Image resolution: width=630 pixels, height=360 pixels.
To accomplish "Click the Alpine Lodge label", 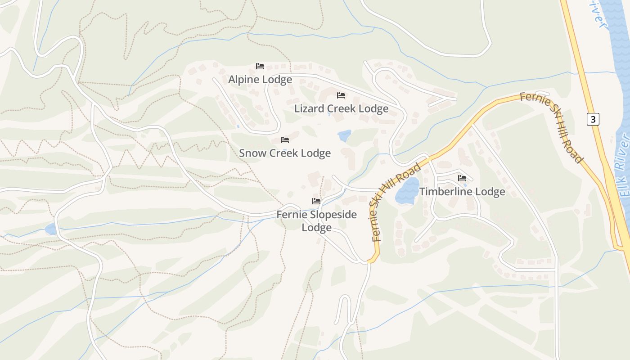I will pyautogui.click(x=260, y=80).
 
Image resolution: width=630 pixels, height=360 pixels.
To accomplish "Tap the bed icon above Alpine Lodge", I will pyautogui.click(x=260, y=66).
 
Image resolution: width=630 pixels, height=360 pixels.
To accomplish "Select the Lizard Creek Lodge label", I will pyautogui.click(x=341, y=108).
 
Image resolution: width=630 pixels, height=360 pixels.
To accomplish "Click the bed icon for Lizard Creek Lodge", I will pyautogui.click(x=341, y=95).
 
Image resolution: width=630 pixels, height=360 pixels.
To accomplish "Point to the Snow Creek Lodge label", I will pyautogui.click(x=284, y=153).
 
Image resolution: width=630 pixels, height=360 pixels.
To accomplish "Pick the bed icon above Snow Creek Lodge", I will pyautogui.click(x=284, y=140).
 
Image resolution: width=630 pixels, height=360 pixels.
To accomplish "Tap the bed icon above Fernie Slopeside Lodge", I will pyautogui.click(x=316, y=201).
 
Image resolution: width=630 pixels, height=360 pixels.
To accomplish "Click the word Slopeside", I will pyautogui.click(x=333, y=215).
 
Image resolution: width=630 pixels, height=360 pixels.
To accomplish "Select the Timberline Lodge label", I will pyautogui.click(x=462, y=192).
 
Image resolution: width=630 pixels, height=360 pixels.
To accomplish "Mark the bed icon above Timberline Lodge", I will pyautogui.click(x=462, y=178).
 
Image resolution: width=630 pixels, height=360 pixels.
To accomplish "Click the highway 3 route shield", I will pyautogui.click(x=593, y=119).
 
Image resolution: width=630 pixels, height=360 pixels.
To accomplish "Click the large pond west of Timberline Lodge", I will pyautogui.click(x=407, y=191).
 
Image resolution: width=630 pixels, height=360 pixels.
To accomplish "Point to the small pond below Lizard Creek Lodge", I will pyautogui.click(x=344, y=135).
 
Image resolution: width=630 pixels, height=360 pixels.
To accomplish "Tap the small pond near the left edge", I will pyautogui.click(x=51, y=229).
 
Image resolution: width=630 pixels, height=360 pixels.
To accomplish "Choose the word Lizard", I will pyautogui.click(x=309, y=108).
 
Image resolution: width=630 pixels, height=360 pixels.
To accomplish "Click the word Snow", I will pyautogui.click(x=252, y=153).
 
